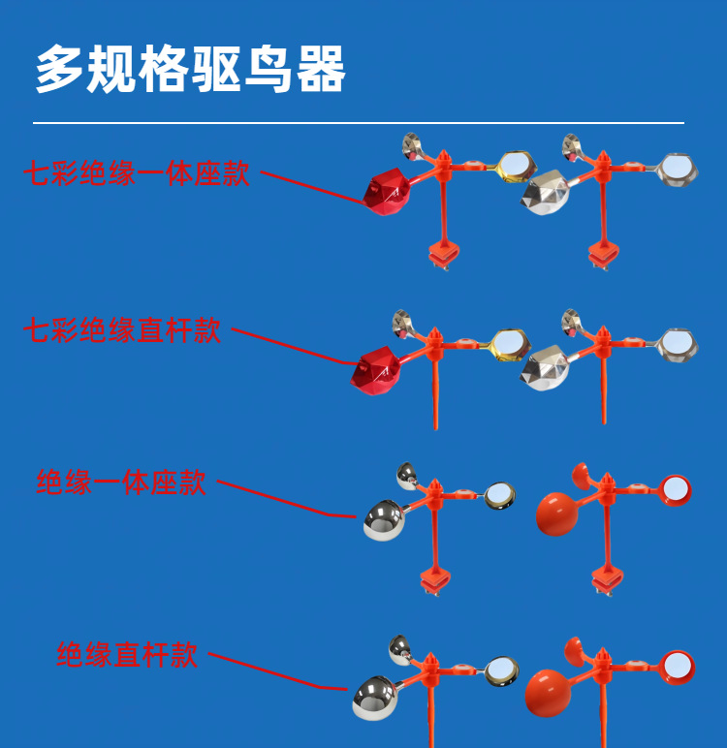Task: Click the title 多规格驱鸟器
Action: pos(190,70)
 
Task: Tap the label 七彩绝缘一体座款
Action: pos(137,174)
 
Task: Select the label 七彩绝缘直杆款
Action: pos(122,330)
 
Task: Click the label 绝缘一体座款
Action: pos(121,482)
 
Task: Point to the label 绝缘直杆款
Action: pos(127,654)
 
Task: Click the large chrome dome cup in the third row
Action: pos(384,520)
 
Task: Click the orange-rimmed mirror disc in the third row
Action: pos(676,489)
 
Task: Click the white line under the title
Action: pos(359,123)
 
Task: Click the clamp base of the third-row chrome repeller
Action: pos(435,580)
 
